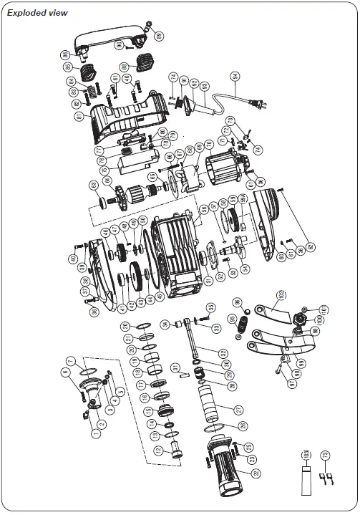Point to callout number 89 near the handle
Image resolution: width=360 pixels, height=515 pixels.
(159, 35)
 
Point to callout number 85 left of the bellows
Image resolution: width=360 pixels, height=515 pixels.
(66, 67)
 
